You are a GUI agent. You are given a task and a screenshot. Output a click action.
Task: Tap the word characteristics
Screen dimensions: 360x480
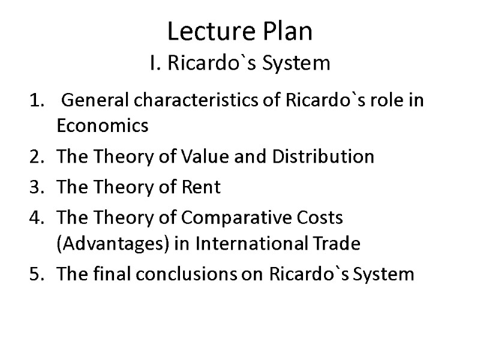[x=194, y=100]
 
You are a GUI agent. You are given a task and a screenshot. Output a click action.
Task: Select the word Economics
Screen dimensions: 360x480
[x=102, y=126]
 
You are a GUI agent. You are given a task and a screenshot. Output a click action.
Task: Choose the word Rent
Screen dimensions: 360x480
[x=202, y=188]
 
